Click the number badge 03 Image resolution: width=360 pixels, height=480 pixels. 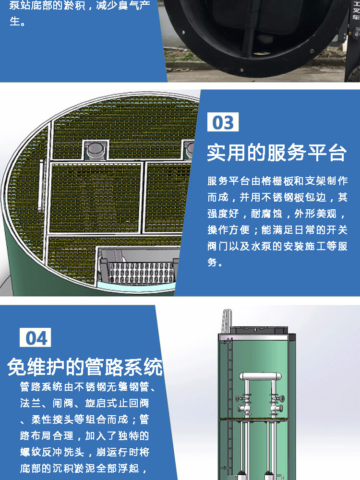click(x=223, y=122)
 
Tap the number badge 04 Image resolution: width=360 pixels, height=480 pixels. click(x=35, y=337)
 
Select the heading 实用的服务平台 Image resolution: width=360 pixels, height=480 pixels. click(x=277, y=153)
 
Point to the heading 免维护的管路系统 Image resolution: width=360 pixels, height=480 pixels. click(x=85, y=366)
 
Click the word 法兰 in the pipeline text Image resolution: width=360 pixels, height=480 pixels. click(x=31, y=403)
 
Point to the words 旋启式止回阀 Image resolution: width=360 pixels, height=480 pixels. click(x=117, y=403)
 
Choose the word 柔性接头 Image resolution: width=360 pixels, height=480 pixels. click(x=53, y=419)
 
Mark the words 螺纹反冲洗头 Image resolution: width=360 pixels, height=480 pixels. click(x=52, y=452)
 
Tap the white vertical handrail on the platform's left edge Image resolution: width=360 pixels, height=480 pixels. click(x=41, y=185)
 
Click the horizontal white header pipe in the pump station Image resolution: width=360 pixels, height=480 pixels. click(x=260, y=376)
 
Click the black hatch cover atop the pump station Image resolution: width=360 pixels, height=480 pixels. click(x=259, y=330)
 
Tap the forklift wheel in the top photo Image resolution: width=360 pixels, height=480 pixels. click(x=355, y=74)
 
